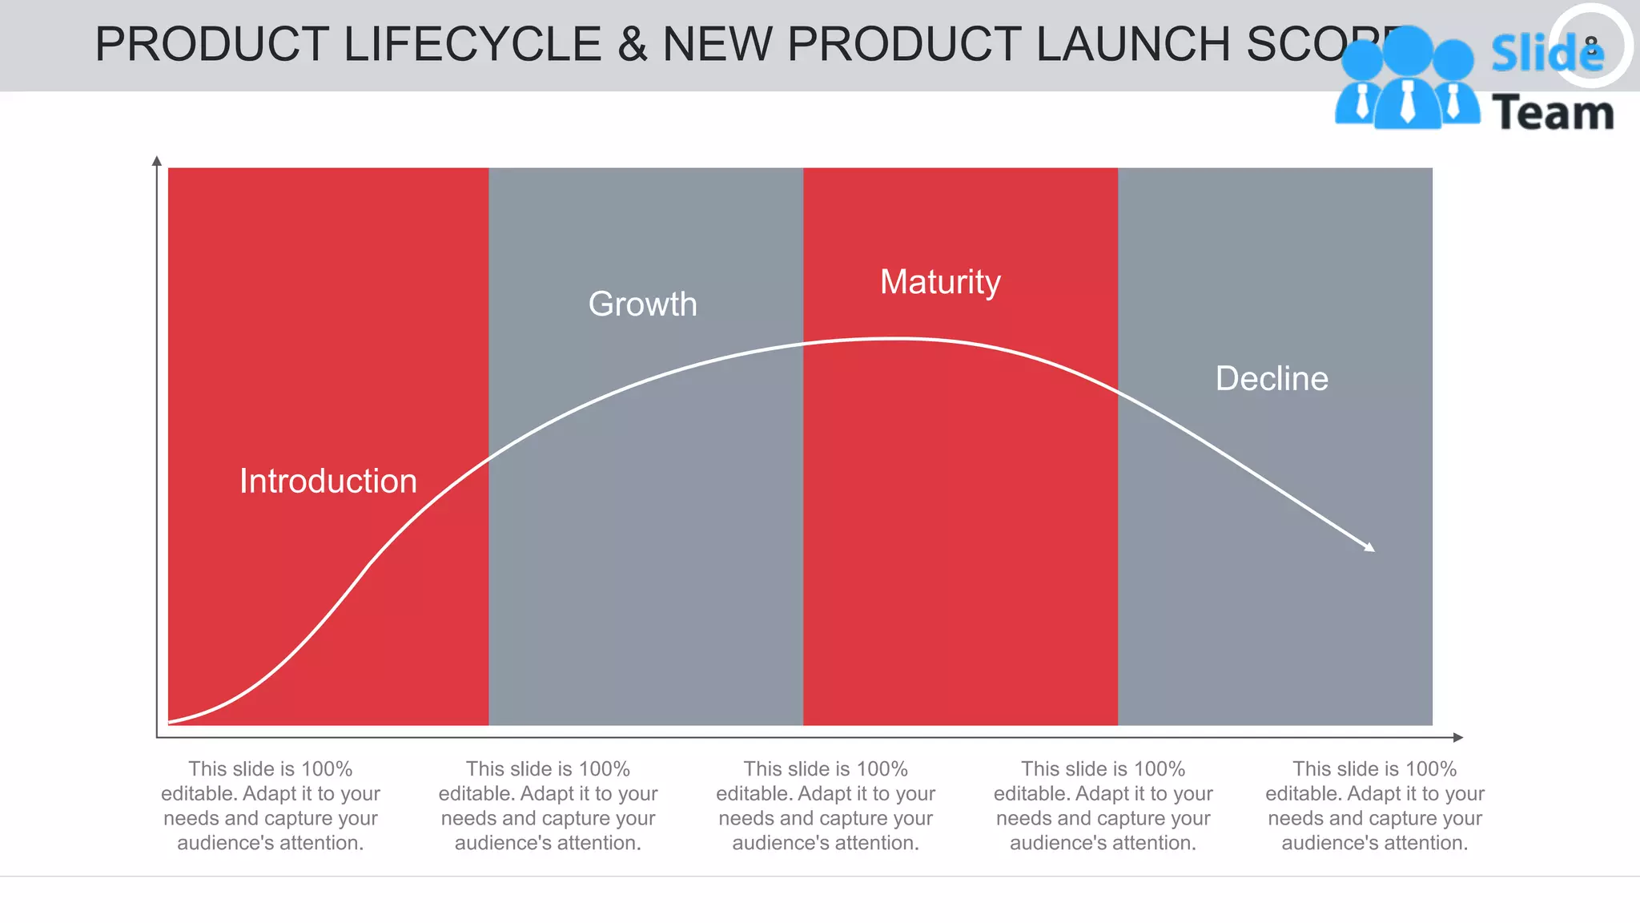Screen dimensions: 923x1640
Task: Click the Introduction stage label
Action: click(328, 482)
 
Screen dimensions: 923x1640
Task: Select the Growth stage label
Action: click(642, 304)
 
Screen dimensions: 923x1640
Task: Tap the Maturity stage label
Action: click(940, 282)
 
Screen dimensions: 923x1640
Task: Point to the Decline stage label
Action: click(1272, 378)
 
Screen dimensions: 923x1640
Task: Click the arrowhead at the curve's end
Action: click(1370, 548)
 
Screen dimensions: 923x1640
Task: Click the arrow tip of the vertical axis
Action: click(157, 160)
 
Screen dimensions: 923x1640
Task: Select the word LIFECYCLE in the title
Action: click(472, 44)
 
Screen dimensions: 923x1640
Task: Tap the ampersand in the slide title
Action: click(632, 44)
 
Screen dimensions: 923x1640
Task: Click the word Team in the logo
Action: click(1552, 112)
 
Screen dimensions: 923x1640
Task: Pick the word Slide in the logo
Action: click(1546, 54)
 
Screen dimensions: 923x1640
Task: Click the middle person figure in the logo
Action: click(1407, 80)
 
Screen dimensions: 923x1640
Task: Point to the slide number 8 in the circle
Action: click(1591, 46)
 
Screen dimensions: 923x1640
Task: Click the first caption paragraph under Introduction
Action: click(271, 805)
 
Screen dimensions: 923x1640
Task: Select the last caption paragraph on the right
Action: click(1374, 805)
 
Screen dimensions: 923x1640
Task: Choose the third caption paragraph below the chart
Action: click(826, 805)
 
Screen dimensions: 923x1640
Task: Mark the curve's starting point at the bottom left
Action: click(171, 721)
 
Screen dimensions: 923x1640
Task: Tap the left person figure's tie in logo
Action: click(1362, 103)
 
